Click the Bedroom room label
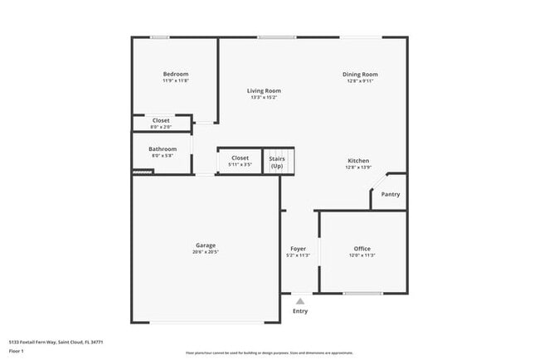coord(175,74)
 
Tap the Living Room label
coord(265,90)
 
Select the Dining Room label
coord(360,75)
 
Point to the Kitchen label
coord(358,160)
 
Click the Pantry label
coord(390,194)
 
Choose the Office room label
coord(362,248)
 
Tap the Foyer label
coord(299,248)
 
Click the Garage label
coord(206,245)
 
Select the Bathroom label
coord(163,149)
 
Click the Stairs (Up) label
coord(276,162)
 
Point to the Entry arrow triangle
coord(300,302)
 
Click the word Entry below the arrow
coord(300,311)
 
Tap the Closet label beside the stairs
coord(240,158)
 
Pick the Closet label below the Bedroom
coord(161,120)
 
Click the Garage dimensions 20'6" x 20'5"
coord(206,252)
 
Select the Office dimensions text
coord(362,255)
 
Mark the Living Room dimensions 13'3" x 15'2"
coord(265,98)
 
